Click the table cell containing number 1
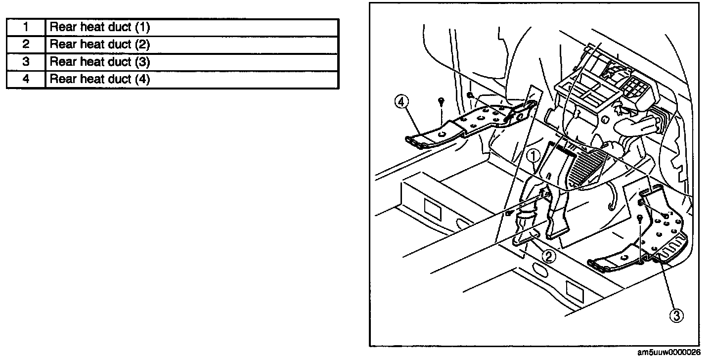coord(26,27)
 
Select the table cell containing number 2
coord(26,45)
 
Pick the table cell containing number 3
coord(26,62)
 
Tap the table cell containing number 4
coord(26,79)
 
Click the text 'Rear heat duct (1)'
coord(100,27)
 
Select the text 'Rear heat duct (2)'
coord(100,45)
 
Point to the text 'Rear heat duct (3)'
coord(100,62)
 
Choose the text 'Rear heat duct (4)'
coord(100,79)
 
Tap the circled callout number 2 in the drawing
coord(549,256)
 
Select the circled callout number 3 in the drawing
coord(677,315)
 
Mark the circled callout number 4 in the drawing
coord(401,102)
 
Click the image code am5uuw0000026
coord(668,353)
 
